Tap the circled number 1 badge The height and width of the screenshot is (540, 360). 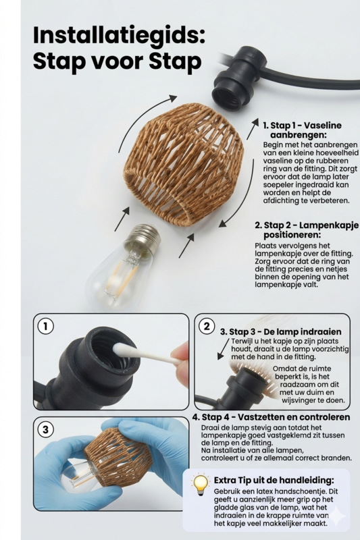pyautogui.click(x=46, y=326)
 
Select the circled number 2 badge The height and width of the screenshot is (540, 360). pyautogui.click(x=207, y=326)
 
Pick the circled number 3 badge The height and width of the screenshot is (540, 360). pyautogui.click(x=46, y=429)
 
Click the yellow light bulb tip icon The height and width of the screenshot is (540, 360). pyautogui.click(x=201, y=485)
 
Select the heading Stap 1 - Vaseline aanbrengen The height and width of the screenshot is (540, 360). pyautogui.click(x=302, y=130)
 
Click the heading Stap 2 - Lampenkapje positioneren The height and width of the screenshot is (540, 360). pyautogui.click(x=306, y=230)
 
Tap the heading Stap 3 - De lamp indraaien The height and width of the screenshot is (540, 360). pyautogui.click(x=280, y=331)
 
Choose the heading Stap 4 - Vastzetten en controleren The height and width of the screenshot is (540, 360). pyautogui.click(x=271, y=417)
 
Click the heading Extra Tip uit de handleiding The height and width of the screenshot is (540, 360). pyautogui.click(x=274, y=480)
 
